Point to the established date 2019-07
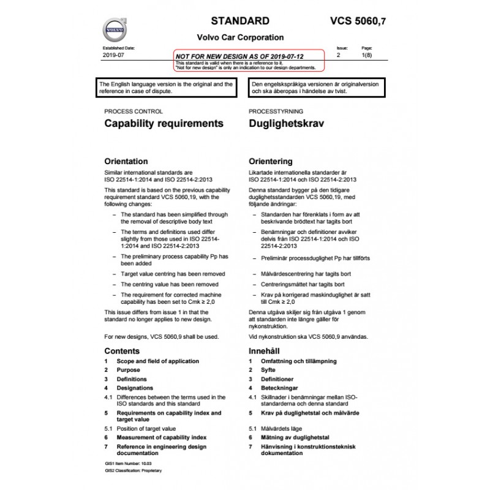pos(114,55)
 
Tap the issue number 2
pos(339,55)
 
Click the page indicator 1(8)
pos(367,55)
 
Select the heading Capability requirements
pos(164,123)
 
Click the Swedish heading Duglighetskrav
pos(287,123)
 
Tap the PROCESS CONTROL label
pos(134,111)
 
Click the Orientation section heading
pos(126,162)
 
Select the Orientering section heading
pos(270,162)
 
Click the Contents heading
pos(122,351)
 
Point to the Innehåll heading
pos(265,351)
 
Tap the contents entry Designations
pos(135,388)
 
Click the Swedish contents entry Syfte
pos(268,370)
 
